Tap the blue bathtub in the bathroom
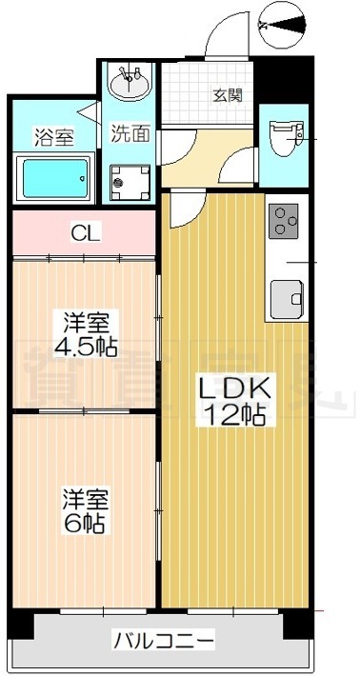click(54, 176)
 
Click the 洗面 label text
click(130, 133)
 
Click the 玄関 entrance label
click(226, 95)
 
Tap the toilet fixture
click(283, 139)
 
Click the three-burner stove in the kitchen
click(285, 220)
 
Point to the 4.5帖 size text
click(85, 347)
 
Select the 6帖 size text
click(83, 523)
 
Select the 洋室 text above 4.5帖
click(85, 322)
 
